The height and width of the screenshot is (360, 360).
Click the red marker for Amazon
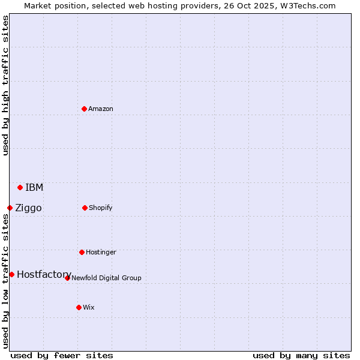pos(84,109)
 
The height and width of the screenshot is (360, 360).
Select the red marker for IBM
pos(20,187)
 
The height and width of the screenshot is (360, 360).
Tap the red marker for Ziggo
pos(10,208)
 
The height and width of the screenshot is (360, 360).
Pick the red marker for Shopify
pos(85,208)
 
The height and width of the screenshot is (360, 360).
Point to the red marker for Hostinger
pos(82,252)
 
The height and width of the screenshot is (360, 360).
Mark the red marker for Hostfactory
pos(11,274)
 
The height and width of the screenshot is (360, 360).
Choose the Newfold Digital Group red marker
pos(67,278)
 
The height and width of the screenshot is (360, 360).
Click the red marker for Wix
pos(79,307)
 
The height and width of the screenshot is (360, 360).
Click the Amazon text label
pos(101,109)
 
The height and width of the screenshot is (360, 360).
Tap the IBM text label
pos(34,187)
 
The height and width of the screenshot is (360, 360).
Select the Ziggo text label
pos(28,208)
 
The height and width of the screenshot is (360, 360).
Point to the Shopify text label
pos(101,208)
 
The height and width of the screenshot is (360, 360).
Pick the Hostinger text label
pos(101,252)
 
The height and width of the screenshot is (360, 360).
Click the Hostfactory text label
pos(44,274)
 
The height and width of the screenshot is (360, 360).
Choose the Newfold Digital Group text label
pos(106,278)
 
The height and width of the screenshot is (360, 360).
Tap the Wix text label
pos(89,307)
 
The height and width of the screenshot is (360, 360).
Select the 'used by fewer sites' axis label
pos(62,355)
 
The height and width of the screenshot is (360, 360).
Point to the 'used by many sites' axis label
pos(301,355)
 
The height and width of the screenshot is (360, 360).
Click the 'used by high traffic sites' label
pos(5,85)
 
